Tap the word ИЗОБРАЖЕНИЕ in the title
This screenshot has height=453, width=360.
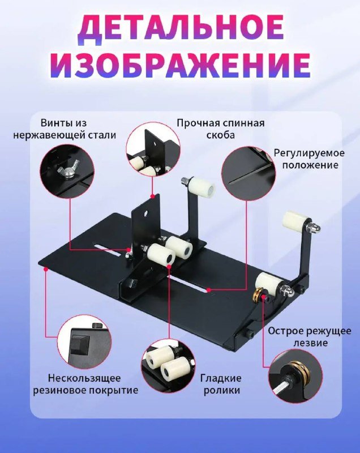[x=180, y=66]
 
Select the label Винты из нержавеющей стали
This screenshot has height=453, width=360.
[x=65, y=129]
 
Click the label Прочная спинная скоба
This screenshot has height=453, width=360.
[x=220, y=129]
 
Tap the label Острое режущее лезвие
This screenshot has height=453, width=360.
[x=309, y=337]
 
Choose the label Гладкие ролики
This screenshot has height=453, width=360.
[x=221, y=384]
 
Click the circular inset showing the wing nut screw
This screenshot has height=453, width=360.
[x=67, y=170]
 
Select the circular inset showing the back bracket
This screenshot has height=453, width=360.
[x=153, y=149]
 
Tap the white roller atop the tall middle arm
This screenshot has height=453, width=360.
[x=201, y=188]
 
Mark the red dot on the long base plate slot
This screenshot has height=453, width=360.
[x=209, y=289]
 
